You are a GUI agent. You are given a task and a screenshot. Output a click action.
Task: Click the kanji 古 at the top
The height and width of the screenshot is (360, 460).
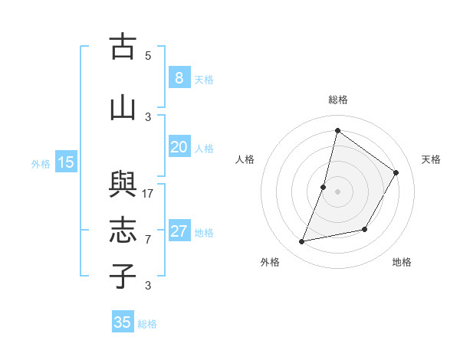point(123,47)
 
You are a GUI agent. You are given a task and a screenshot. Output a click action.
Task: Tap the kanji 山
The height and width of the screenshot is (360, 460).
point(123,108)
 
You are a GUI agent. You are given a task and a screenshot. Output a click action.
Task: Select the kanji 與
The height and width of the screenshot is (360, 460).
point(123,185)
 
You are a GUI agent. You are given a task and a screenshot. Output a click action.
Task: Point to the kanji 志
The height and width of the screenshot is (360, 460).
point(123,231)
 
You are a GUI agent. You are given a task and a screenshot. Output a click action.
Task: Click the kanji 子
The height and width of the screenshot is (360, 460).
point(123,277)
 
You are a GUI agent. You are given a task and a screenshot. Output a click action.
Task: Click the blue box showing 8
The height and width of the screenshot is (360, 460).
point(179,78)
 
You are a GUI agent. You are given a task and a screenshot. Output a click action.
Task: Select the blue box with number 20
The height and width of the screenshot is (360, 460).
point(179,147)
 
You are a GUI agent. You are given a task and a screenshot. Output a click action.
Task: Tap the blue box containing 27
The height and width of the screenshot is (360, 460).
point(179,231)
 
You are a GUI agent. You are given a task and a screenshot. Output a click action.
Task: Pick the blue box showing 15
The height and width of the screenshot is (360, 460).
point(66,162)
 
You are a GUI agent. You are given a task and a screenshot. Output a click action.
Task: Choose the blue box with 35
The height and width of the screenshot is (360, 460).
point(123,322)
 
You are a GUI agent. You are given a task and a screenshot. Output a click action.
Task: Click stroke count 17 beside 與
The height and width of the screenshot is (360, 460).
point(148,193)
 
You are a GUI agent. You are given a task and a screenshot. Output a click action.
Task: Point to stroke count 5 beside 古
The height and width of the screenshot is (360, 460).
point(148,56)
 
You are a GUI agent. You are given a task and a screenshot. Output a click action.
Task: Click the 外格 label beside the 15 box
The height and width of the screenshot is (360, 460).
point(41,163)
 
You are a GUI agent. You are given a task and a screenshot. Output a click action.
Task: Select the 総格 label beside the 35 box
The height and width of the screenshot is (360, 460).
point(147,324)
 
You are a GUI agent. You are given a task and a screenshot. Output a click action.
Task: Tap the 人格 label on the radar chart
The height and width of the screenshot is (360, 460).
point(245,159)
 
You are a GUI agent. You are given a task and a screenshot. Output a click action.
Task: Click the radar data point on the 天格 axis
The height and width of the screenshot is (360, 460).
point(396,172)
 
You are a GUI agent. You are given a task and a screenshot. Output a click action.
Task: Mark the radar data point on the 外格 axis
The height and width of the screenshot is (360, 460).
point(302,242)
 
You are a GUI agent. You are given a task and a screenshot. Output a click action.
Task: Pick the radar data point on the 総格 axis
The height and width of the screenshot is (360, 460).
point(337,130)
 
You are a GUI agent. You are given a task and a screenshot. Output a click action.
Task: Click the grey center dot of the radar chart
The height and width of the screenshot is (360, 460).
point(337,191)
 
